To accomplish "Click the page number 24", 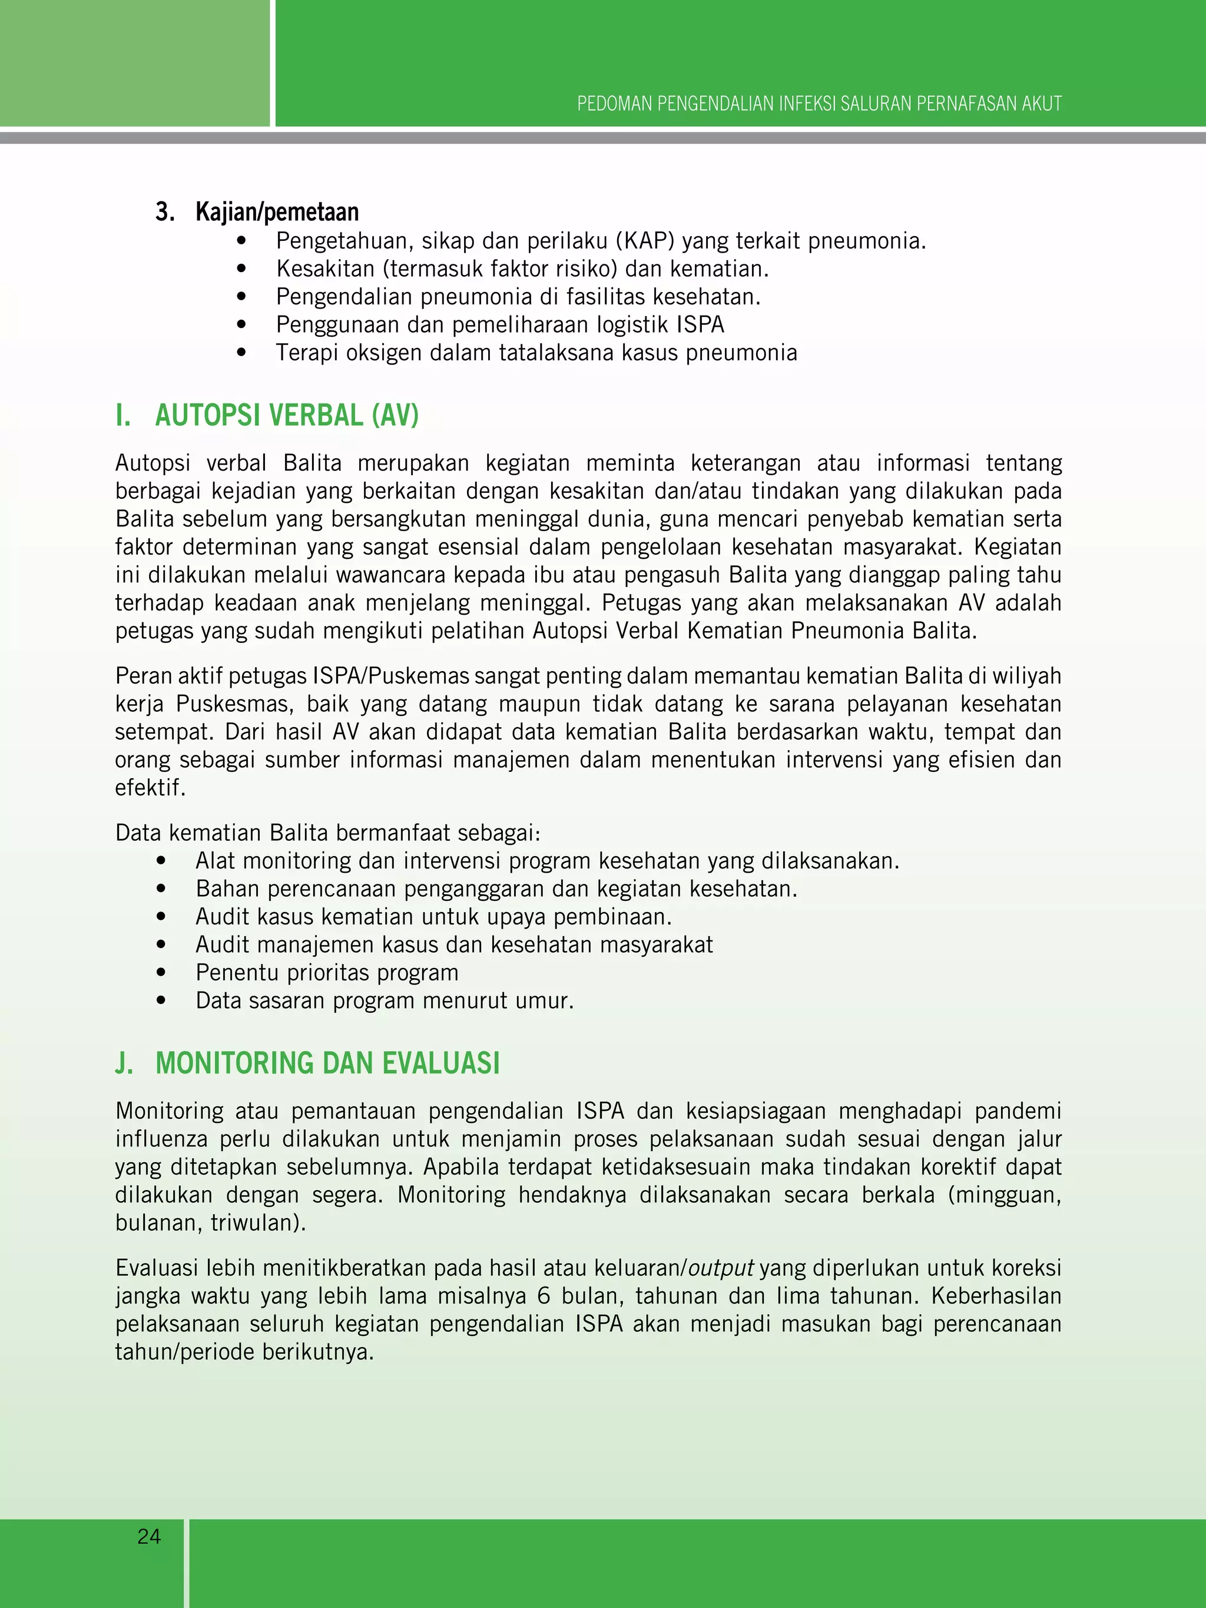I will coord(149,1536).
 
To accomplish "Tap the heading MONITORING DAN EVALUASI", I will coord(327,1063).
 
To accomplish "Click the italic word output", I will coord(720,1268).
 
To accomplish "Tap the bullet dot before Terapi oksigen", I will coord(241,353).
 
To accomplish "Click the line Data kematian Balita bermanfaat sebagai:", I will coord(327,833).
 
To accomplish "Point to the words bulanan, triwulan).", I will coord(210,1223).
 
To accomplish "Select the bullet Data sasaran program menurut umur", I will coord(384,1000).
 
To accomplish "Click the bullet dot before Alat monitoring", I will coord(161,861).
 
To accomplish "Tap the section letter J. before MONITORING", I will coord(124,1063).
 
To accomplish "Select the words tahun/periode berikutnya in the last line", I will coord(244,1352).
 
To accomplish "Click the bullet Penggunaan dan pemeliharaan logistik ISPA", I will coord(499,324).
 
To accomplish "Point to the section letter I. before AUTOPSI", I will coord(123,415).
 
